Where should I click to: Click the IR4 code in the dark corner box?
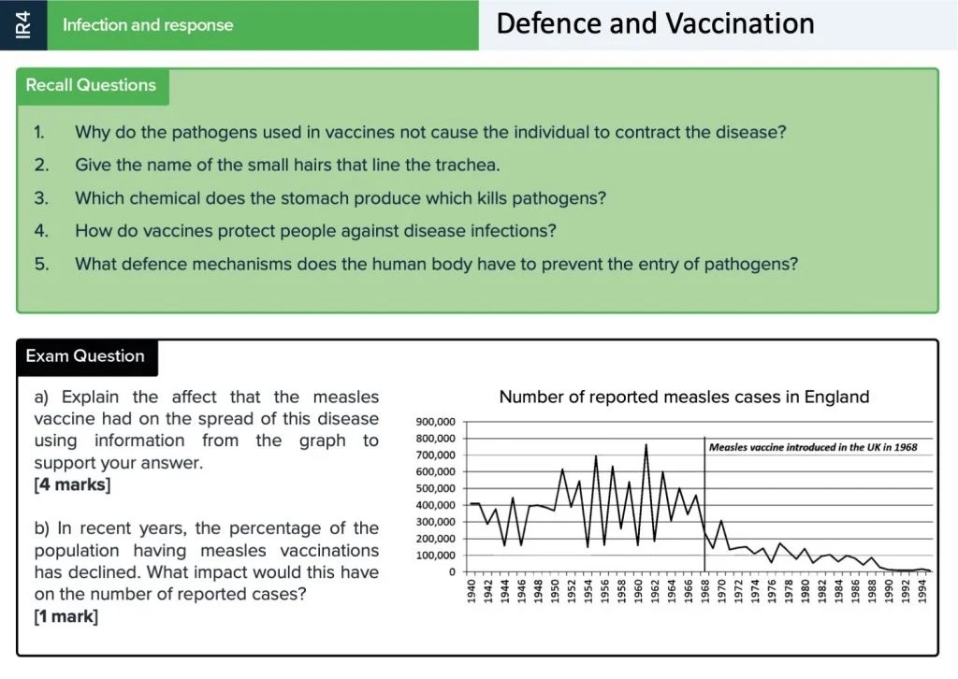point(23,25)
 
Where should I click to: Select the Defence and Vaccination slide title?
point(655,23)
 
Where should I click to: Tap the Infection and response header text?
point(148,25)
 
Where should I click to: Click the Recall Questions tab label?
point(91,85)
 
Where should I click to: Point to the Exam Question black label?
point(85,356)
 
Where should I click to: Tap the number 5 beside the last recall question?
point(41,264)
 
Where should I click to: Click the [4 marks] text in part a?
point(72,484)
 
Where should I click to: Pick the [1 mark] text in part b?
point(65,616)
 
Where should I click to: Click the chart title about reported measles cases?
point(684,397)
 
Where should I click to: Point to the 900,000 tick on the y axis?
point(434,422)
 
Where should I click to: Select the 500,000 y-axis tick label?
point(434,488)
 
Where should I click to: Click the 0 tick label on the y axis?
point(451,571)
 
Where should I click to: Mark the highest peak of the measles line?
point(646,444)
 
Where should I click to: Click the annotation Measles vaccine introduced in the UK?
point(813,447)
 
